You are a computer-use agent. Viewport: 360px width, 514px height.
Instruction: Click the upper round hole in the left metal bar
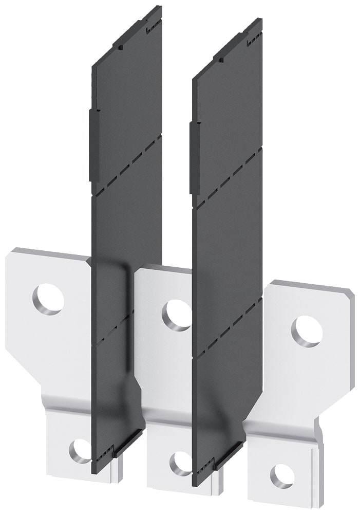click(x=48, y=299)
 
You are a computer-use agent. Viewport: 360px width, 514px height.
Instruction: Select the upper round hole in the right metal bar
click(x=307, y=331)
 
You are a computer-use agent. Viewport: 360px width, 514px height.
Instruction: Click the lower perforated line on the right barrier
click(x=227, y=329)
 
